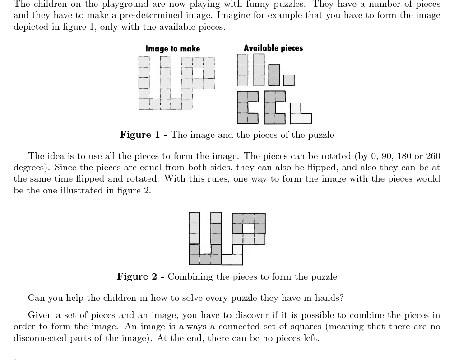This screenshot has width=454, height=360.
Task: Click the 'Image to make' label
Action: click(172, 49)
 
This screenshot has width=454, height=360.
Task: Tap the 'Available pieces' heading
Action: click(273, 48)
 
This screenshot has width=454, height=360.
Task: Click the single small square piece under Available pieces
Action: click(289, 80)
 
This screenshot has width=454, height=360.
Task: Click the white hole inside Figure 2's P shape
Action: click(249, 228)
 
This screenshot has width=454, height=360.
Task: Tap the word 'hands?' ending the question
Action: click(330, 298)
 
